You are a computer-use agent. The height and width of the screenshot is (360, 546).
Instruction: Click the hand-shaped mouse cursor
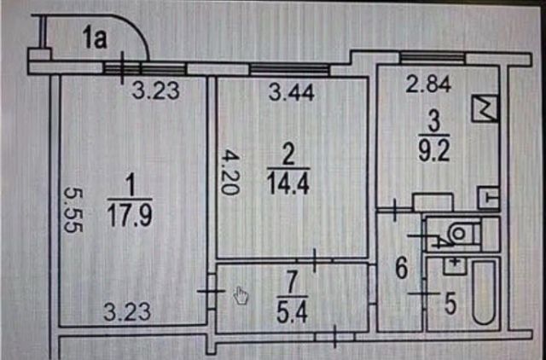click(241, 296)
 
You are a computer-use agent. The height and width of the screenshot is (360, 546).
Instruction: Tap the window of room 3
click(433, 56)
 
